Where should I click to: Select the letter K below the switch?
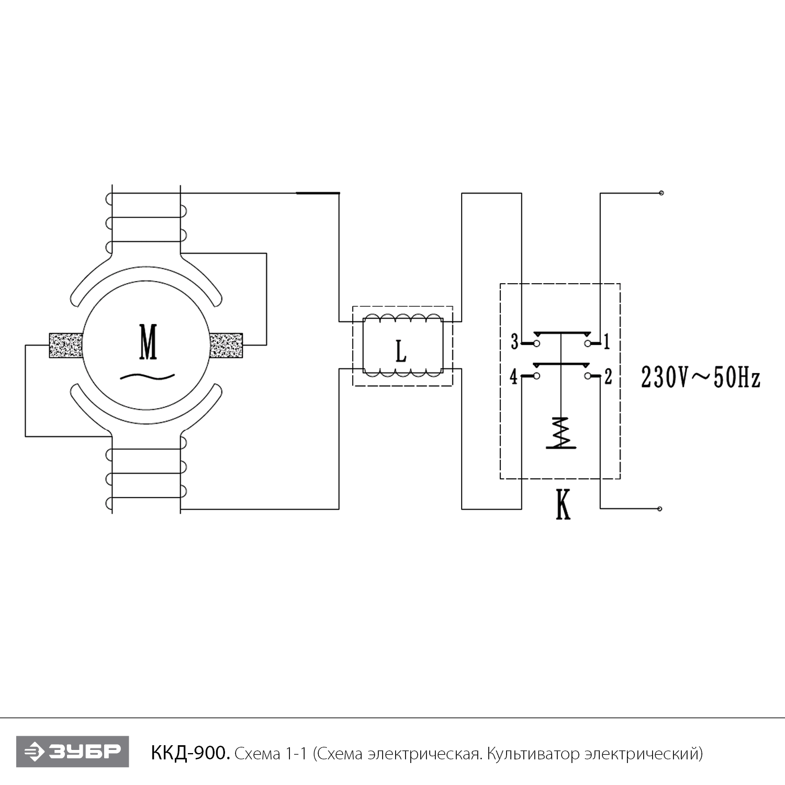563,505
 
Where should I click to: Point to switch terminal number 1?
607,342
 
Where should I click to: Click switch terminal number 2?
608,376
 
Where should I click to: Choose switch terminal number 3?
514,342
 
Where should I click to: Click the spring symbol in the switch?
561,432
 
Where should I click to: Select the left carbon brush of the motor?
66,345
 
